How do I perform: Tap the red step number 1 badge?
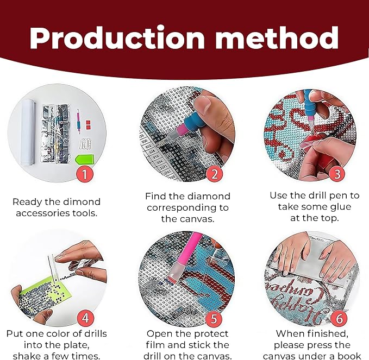(x=85, y=174)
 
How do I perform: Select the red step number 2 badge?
(x=215, y=174)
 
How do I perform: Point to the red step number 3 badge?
(x=337, y=174)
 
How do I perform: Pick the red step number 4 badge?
(x=85, y=318)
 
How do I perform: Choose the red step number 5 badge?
(x=214, y=319)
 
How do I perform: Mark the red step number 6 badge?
(x=339, y=318)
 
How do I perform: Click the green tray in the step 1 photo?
(x=84, y=160)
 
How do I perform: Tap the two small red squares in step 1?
(x=88, y=125)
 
